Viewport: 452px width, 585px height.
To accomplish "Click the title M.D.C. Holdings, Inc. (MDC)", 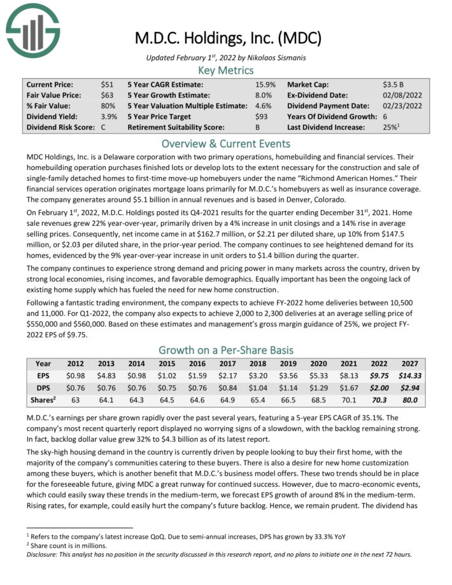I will (228, 38).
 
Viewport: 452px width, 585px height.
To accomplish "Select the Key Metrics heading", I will (226, 70).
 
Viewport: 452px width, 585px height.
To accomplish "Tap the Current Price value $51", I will (108, 84).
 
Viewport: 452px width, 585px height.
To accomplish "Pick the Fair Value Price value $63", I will (108, 95).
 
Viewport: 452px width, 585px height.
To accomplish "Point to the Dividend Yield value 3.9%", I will (109, 116).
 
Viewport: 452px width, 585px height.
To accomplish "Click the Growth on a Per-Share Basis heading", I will (226, 349).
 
